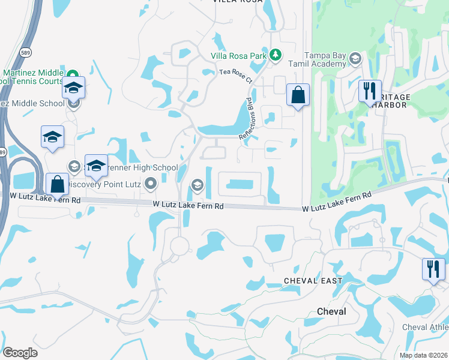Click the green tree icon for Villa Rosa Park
tap(276, 55)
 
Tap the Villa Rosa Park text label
tap(238, 56)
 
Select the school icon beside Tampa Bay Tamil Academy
tap(355, 58)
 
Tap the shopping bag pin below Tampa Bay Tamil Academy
tap(298, 95)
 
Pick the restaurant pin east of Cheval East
tap(433, 269)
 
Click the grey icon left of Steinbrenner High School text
tap(74, 166)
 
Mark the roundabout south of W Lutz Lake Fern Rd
tap(179, 245)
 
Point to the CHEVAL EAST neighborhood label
tap(313, 281)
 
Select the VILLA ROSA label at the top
tap(237, 2)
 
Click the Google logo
tap(20, 353)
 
